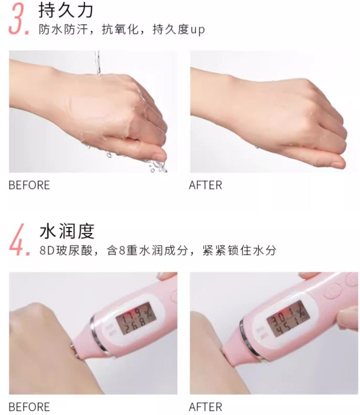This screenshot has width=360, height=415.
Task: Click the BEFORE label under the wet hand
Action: point(29,185)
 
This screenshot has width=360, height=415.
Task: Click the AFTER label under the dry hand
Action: point(205,185)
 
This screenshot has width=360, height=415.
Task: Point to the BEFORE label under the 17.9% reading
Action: point(29,407)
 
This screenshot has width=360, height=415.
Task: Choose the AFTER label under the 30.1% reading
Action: point(205,407)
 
